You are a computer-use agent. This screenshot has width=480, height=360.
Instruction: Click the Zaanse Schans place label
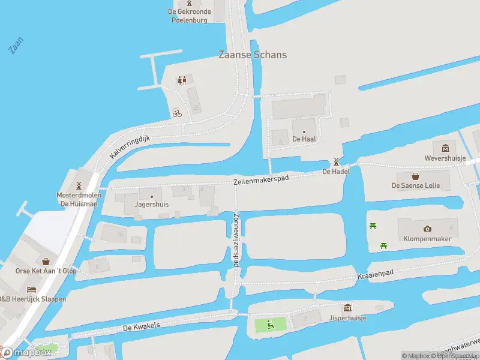coord(252,55)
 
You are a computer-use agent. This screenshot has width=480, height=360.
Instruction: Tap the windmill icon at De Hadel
coord(336,161)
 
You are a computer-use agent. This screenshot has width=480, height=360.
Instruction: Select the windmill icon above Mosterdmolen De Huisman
coord(78,185)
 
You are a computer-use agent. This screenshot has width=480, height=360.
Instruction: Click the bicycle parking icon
coord(177,113)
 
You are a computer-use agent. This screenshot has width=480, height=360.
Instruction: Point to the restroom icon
coord(181,80)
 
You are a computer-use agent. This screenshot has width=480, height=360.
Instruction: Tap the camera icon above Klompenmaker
coord(427,229)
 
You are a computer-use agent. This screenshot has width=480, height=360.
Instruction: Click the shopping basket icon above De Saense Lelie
coord(415,176)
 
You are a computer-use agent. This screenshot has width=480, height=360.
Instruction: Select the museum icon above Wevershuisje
coord(445,148)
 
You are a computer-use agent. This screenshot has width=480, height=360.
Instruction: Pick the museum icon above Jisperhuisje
coord(347,308)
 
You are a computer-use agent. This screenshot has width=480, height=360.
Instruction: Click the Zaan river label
coord(16,46)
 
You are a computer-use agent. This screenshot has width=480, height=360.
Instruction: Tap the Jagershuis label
coord(152,204)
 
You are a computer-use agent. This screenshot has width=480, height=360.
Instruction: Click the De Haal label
coord(304,139)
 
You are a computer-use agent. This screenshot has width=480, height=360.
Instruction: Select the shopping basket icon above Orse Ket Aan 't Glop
coord(46,261)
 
